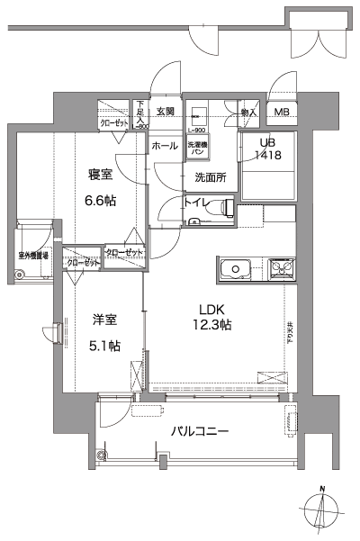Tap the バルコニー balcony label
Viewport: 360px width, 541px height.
click(200, 431)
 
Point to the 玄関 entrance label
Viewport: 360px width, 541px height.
click(166, 112)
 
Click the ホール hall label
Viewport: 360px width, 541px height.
click(165, 145)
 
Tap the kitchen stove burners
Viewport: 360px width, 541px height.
click(281, 268)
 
